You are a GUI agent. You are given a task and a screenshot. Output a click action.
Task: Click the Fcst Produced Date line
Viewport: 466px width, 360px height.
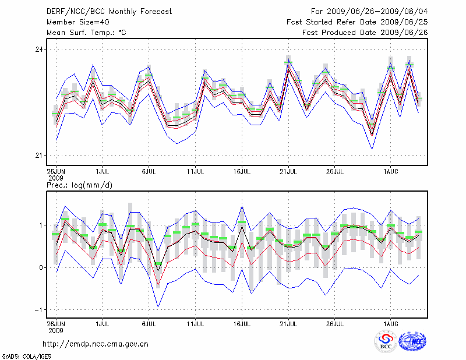pos(365,32)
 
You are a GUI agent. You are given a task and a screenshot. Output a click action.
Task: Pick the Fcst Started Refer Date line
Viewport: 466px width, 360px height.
pos(356,22)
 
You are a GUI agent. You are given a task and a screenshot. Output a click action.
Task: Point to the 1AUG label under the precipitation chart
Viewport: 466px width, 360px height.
pos(390,322)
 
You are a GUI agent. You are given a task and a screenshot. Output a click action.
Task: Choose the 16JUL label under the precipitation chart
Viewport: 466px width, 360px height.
pos(242,322)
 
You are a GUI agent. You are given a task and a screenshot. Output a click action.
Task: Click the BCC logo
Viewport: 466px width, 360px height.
pos(386,341)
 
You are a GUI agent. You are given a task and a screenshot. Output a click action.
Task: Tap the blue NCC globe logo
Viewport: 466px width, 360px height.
pos(412,341)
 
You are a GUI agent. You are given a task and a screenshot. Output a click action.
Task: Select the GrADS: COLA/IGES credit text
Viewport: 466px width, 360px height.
pos(21,355)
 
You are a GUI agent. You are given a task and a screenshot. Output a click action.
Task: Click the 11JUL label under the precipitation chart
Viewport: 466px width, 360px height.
pos(195,322)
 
